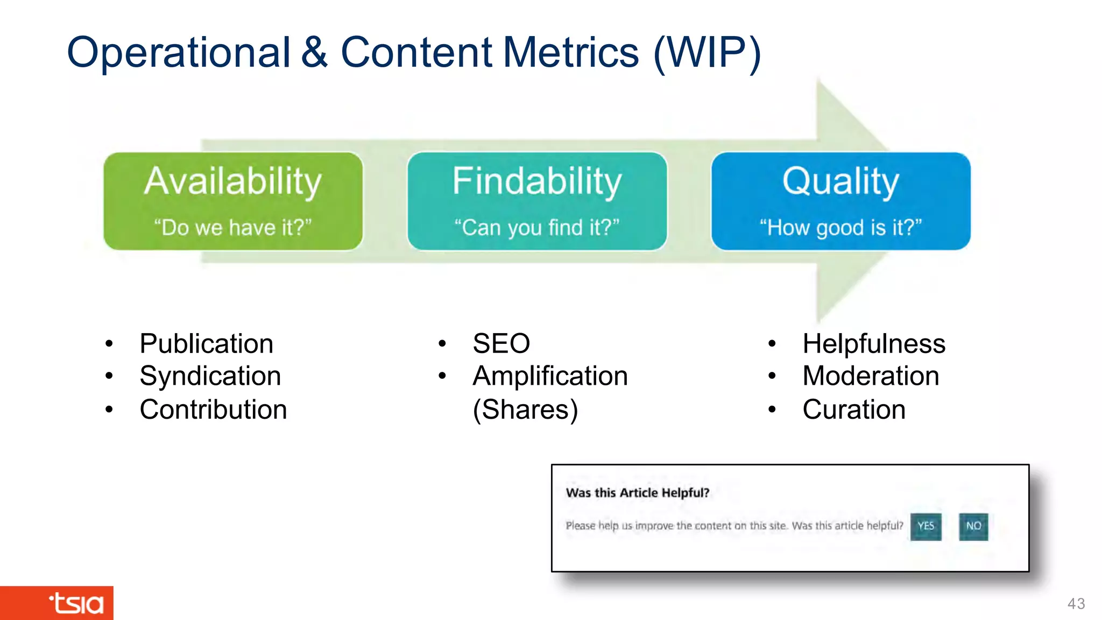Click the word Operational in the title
click(178, 53)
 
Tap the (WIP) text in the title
click(707, 53)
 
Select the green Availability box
click(233, 201)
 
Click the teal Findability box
click(537, 201)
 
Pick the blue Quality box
click(840, 201)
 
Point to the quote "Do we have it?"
click(233, 228)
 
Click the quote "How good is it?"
click(840, 228)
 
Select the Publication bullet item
click(206, 344)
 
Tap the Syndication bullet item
click(210, 376)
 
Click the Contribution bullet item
click(213, 410)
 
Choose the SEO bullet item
click(501, 344)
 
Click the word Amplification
click(550, 376)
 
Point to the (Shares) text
click(525, 410)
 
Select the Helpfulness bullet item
click(873, 344)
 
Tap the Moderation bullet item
click(871, 376)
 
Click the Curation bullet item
click(854, 410)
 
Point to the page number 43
click(1076, 604)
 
